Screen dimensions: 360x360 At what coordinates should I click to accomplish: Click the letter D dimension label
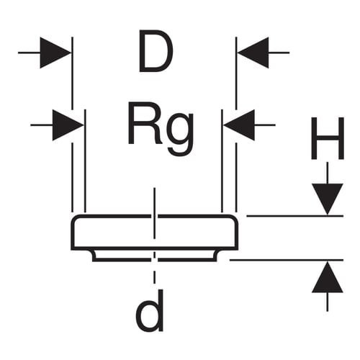(156, 51)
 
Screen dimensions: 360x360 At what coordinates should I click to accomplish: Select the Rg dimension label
(161, 128)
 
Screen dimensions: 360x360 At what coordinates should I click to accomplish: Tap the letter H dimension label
(328, 138)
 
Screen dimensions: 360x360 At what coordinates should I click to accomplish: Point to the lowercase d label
(150, 310)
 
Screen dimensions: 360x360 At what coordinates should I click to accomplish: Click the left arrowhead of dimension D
(55, 53)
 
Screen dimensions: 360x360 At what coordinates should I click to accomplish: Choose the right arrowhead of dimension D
(253, 53)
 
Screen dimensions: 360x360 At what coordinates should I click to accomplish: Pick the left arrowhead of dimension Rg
(68, 125)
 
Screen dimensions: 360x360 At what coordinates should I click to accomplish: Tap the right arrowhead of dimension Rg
(239, 125)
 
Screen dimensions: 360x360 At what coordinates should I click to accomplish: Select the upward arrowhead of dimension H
(328, 277)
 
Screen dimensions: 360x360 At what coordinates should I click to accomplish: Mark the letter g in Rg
(181, 134)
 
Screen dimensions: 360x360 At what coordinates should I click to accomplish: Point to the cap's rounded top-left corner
(75, 219)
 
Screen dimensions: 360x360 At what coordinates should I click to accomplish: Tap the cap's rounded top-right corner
(234, 219)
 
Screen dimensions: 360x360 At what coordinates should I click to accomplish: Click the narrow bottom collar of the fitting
(155, 256)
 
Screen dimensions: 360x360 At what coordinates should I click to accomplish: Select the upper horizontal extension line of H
(295, 216)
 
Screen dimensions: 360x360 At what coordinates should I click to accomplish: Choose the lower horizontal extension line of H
(287, 260)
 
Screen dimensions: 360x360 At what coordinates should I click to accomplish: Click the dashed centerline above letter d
(155, 269)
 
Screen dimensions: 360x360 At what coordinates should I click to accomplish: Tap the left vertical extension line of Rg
(85, 161)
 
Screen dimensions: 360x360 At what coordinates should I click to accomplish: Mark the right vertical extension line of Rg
(222, 161)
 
